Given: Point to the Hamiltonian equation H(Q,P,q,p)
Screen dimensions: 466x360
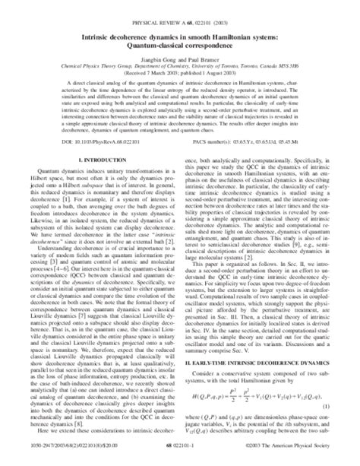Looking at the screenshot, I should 250,396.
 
